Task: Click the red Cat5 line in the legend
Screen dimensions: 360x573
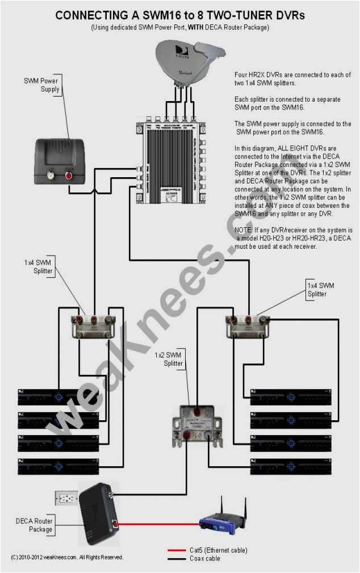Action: pos(177,550)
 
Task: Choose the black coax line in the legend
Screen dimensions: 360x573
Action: pos(177,559)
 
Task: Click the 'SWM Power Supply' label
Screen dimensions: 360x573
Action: pos(40,85)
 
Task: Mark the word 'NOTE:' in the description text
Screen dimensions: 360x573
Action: pos(245,230)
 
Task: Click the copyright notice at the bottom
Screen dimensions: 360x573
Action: pos(66,557)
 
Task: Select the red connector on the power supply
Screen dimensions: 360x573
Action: pos(69,176)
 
